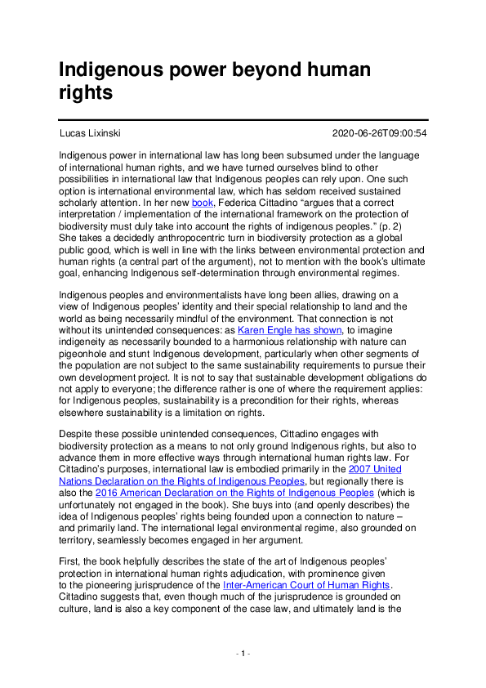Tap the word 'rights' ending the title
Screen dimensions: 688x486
tap(85, 93)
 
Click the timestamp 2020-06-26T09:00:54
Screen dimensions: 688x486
tap(380, 133)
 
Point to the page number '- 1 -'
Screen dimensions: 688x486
tap(243, 654)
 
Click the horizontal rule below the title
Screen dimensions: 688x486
tap(243, 119)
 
